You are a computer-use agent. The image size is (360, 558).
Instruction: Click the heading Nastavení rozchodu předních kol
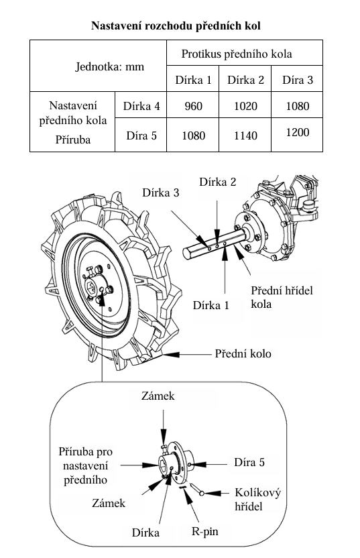pos(176,26)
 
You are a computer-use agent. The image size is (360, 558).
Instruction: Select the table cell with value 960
pos(193,105)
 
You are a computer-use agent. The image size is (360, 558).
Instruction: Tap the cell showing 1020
pos(245,105)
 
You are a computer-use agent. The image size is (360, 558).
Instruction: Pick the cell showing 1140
pos(245,135)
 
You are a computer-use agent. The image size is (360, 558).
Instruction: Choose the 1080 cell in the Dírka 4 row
pos(298,105)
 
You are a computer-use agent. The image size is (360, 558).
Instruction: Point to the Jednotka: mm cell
pos(98,66)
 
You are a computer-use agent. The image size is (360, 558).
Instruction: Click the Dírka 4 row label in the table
pos(141,106)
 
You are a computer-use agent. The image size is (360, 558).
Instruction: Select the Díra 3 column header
pos(298,79)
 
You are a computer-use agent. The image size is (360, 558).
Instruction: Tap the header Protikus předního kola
pos(237,54)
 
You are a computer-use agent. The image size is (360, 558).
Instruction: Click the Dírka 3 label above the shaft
pos(160,193)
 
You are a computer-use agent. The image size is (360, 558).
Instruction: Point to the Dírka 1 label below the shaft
pos(211,305)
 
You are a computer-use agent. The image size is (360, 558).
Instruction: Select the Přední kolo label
pos(243,353)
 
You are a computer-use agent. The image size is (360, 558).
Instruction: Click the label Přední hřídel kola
pos(282,297)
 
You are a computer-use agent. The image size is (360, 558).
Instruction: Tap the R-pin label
pos(205,531)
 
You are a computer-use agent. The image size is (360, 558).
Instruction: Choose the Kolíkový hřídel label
pos(257,499)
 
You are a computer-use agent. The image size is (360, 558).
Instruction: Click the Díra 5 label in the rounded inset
pos(249,462)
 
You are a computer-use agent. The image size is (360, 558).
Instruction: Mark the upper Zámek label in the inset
pos(158,396)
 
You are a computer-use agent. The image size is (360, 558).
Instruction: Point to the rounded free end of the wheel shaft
pos(186,253)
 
